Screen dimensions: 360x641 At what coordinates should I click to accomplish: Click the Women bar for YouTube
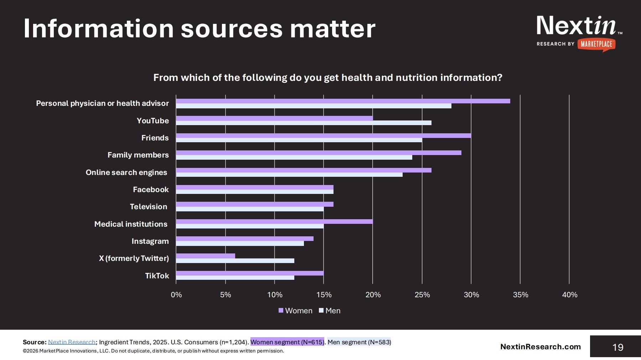pyautogui.click(x=274, y=118)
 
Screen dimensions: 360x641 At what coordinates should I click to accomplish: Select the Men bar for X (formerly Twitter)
pyautogui.click(x=235, y=261)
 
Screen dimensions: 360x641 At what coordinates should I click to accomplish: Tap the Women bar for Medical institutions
pyautogui.click(x=274, y=221)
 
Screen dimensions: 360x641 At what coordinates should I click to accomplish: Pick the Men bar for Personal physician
pyautogui.click(x=314, y=106)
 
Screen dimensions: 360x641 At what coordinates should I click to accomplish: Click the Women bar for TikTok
pyautogui.click(x=249, y=273)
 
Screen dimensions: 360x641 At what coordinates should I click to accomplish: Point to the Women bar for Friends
pyautogui.click(x=323, y=135)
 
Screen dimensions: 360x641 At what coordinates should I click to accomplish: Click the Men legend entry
pyautogui.click(x=330, y=311)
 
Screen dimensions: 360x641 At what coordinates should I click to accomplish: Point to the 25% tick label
pyautogui.click(x=422, y=295)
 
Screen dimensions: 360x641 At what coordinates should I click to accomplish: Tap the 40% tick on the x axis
pyautogui.click(x=569, y=295)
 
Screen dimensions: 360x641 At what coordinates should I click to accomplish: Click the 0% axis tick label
pyautogui.click(x=176, y=295)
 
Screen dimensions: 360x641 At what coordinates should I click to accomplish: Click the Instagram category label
pyautogui.click(x=150, y=241)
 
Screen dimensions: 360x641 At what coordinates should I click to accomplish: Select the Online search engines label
pyautogui.click(x=126, y=173)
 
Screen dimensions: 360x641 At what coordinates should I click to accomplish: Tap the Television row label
pyautogui.click(x=148, y=207)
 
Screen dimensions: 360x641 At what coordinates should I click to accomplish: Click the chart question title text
pyautogui.click(x=327, y=78)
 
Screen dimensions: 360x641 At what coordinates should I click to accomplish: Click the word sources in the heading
pyautogui.click(x=232, y=29)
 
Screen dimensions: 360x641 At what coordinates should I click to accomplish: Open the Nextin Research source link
pyautogui.click(x=72, y=342)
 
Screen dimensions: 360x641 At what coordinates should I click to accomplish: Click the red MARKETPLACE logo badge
pyautogui.click(x=596, y=44)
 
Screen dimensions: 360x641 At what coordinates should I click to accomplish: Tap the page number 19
pyautogui.click(x=617, y=347)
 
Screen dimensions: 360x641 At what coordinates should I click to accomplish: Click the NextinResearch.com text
pyautogui.click(x=540, y=347)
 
